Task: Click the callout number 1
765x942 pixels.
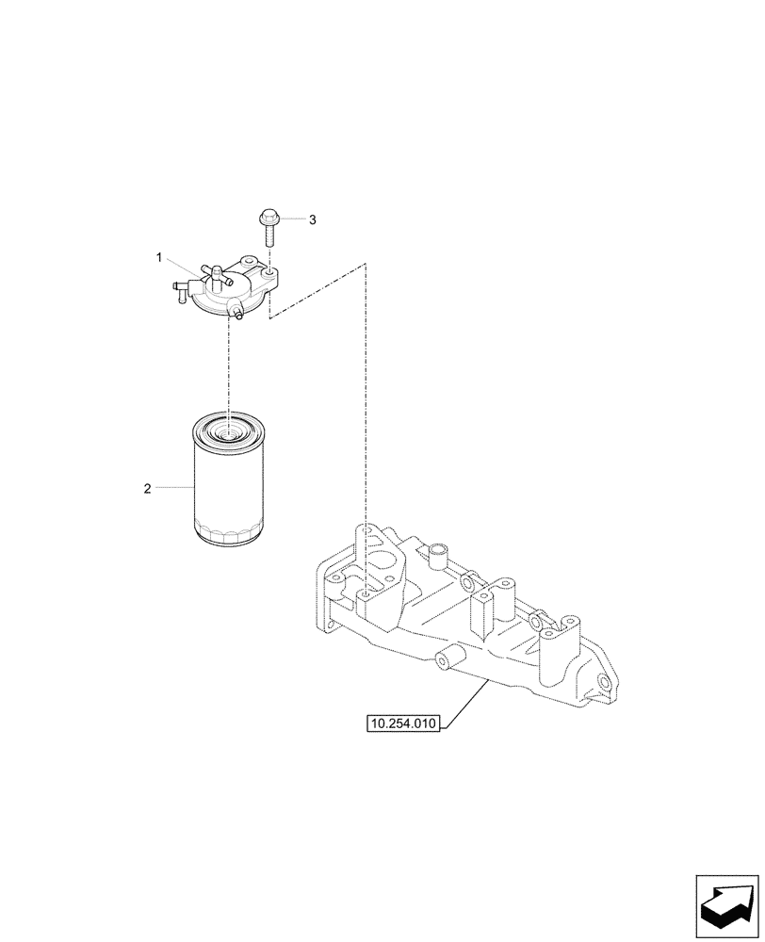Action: [x=160, y=256]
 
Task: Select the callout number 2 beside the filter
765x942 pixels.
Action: [x=147, y=488]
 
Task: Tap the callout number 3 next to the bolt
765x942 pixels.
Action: [x=313, y=219]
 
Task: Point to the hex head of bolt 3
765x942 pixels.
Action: [x=267, y=218]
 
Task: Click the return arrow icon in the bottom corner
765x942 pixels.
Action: [x=727, y=903]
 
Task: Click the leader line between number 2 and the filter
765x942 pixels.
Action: [x=174, y=488]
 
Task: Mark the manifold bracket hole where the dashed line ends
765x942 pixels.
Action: [x=364, y=595]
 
